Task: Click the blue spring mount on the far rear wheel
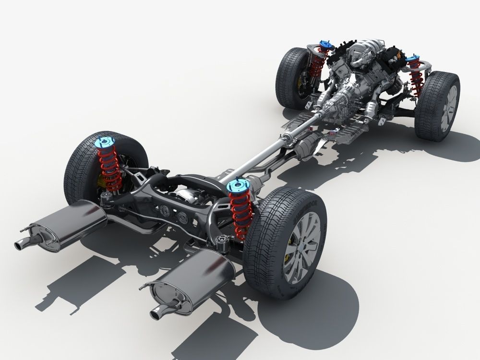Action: coord(104,142)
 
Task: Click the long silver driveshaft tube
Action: coord(269,154)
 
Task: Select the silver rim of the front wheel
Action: coord(449,108)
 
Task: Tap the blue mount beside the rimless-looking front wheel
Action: coord(326,46)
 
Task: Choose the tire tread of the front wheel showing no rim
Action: coord(288,77)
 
